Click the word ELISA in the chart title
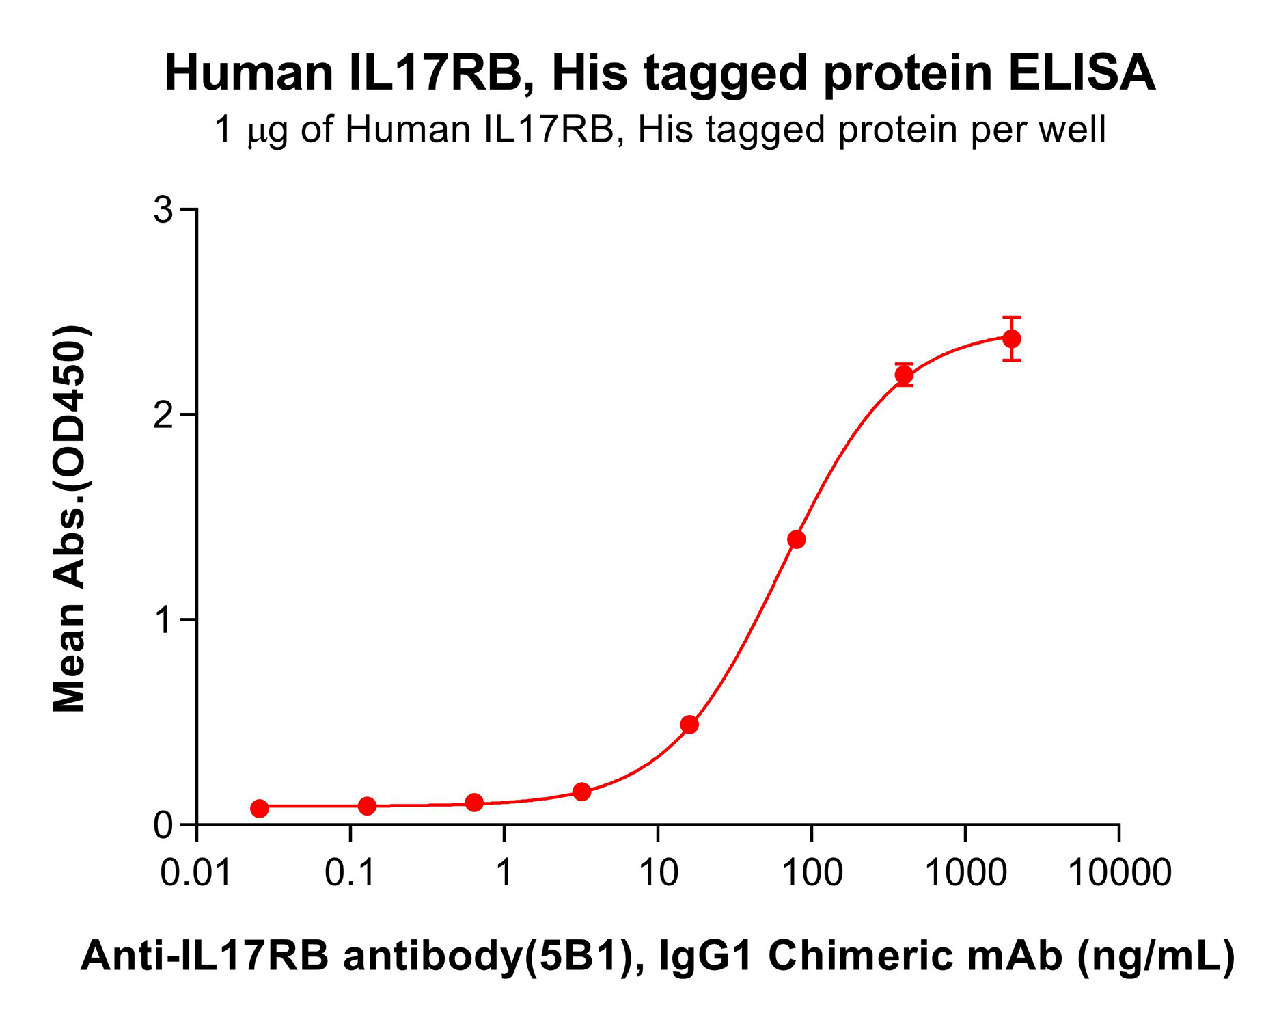tap(1082, 73)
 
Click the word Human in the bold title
tap(249, 73)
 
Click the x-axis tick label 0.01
tap(196, 873)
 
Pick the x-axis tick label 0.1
tap(350, 873)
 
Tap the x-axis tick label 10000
tap(1119, 873)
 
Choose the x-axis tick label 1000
tap(965, 873)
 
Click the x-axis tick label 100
tap(812, 873)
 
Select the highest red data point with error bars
tap(1012, 338)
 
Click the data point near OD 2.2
tap(904, 375)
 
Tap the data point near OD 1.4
tap(797, 539)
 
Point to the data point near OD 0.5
tap(689, 725)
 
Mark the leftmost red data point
tap(260, 808)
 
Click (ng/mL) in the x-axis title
tap(1156, 956)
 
